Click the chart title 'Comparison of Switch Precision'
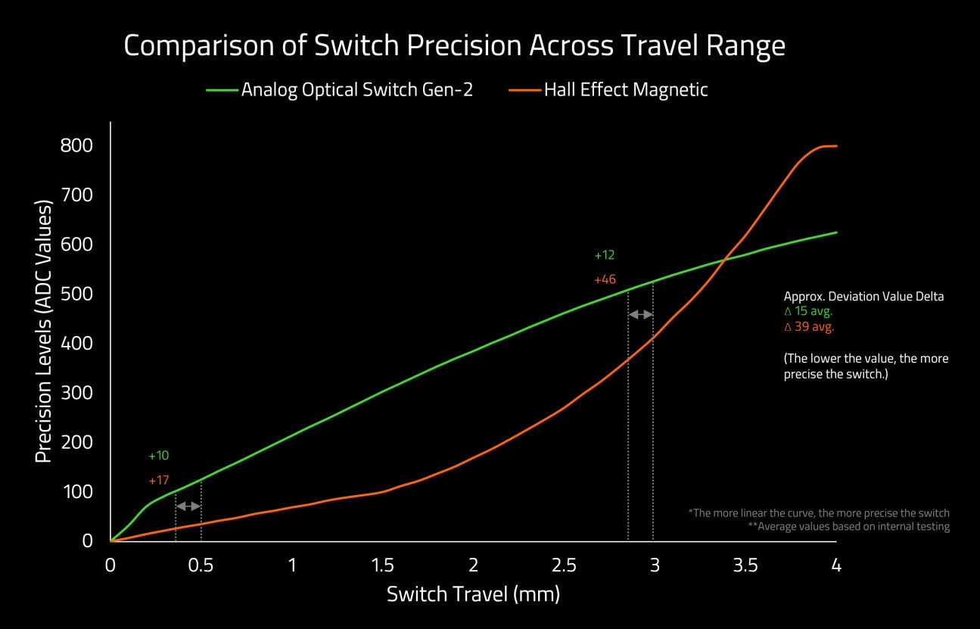click(322, 46)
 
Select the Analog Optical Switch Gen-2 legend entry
click(340, 90)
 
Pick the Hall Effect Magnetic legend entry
click(608, 90)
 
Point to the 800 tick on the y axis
click(76, 145)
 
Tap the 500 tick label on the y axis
click(76, 294)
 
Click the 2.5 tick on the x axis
click(564, 565)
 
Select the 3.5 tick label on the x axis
click(745, 565)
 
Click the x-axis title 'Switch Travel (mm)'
click(474, 594)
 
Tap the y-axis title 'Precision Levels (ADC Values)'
click(44, 332)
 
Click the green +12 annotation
click(605, 255)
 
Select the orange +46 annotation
click(605, 279)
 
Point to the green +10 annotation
click(158, 456)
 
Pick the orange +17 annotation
click(158, 480)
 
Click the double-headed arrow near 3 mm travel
click(641, 314)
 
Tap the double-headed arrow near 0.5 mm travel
click(188, 506)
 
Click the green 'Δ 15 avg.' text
click(808, 311)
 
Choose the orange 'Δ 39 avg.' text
click(809, 327)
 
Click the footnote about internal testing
click(849, 526)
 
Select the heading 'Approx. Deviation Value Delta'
click(863, 297)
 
